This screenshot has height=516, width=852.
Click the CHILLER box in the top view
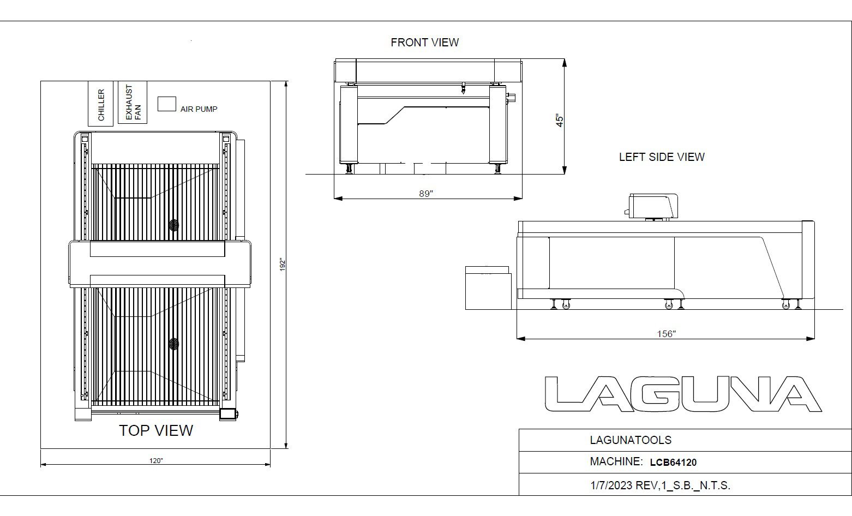(101, 104)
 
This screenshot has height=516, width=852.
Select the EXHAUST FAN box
(133, 103)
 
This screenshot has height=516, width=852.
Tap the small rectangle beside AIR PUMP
(166, 104)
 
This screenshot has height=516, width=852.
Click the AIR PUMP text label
(199, 109)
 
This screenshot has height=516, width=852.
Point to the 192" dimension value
(283, 265)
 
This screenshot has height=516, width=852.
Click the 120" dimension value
(156, 461)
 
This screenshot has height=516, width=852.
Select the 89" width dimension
(426, 194)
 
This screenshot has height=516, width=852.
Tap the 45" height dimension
(560, 120)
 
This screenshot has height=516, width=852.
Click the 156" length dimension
(667, 334)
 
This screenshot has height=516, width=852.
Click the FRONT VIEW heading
(425, 42)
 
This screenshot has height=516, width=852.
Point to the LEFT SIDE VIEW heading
(662, 157)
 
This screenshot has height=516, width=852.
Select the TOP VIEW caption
(156, 430)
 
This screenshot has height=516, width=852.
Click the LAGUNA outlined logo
(683, 394)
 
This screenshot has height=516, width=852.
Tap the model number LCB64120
(673, 463)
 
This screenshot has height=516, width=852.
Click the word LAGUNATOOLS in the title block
(631, 440)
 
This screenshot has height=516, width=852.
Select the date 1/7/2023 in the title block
(611, 485)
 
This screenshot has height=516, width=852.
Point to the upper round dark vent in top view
(174, 225)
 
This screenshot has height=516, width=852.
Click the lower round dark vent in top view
(174, 344)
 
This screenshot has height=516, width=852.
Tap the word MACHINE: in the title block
(616, 461)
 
